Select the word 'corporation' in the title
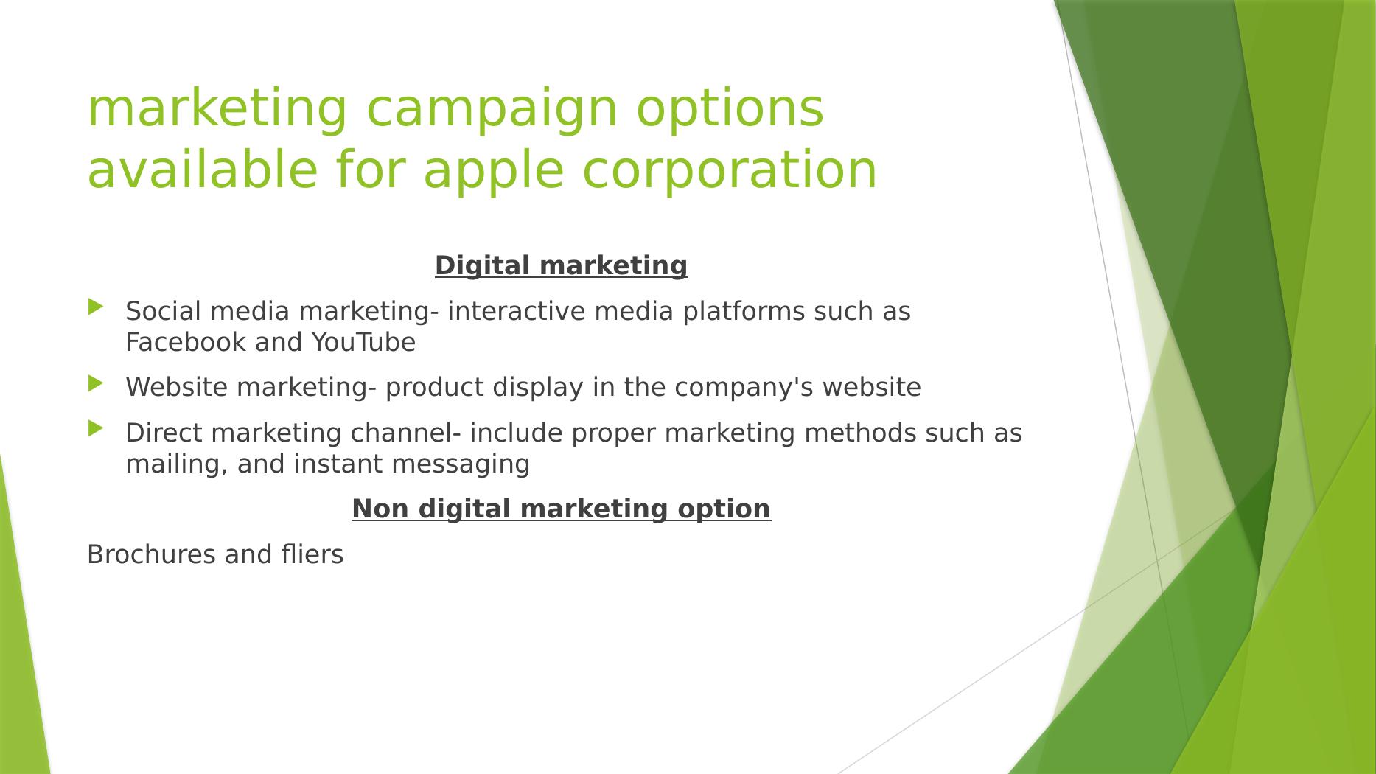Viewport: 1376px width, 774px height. click(x=730, y=170)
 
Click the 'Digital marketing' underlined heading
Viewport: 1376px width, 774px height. click(x=561, y=265)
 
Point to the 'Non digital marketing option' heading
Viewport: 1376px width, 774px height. click(x=561, y=509)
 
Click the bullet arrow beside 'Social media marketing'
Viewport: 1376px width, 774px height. click(x=96, y=307)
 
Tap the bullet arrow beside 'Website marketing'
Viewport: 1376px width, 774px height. click(x=96, y=383)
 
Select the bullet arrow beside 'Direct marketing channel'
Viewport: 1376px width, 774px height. click(x=96, y=428)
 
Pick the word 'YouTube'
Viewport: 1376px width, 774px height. click(x=363, y=343)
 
